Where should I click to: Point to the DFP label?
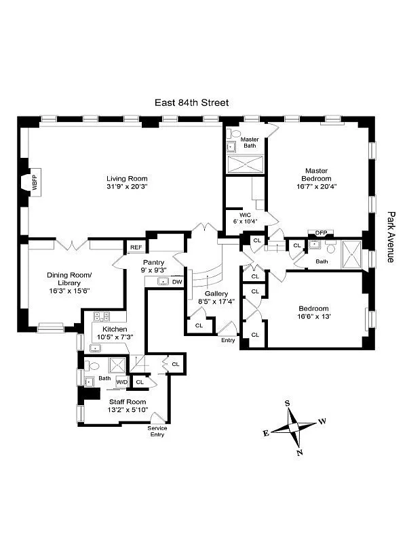click(320, 232)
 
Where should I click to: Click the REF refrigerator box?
click(136, 247)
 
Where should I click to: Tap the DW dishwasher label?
click(176, 281)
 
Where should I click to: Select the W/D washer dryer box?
click(122, 383)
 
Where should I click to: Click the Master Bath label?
click(250, 142)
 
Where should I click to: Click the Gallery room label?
click(211, 293)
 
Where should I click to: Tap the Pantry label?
click(153, 262)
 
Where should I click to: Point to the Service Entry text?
click(157, 431)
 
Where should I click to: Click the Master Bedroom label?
click(316, 175)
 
